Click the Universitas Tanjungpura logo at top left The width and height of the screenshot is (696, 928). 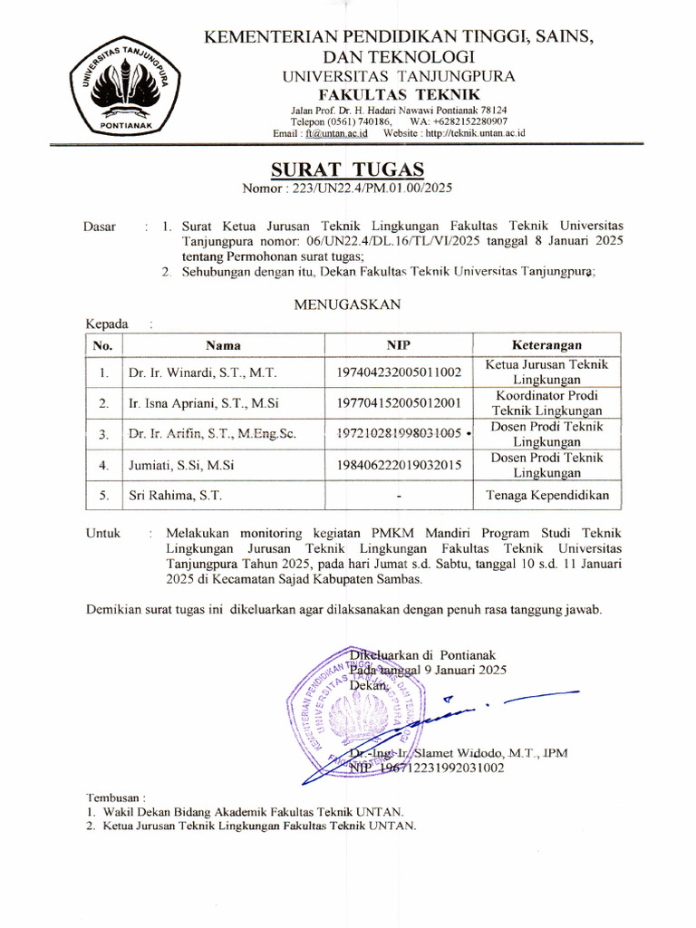pos(115,87)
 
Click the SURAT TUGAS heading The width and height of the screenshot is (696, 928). pos(347,169)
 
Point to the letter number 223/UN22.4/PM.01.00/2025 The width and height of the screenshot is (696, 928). pos(372,189)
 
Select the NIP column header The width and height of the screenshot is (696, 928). pos(400,345)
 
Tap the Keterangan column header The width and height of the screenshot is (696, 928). pos(546,345)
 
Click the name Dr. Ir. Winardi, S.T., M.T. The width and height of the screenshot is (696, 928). pos(202,372)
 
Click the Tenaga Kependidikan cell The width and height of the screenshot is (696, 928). pos(546,496)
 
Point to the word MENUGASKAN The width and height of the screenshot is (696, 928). pos(347,305)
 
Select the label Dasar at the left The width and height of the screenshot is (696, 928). pos(99,227)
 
